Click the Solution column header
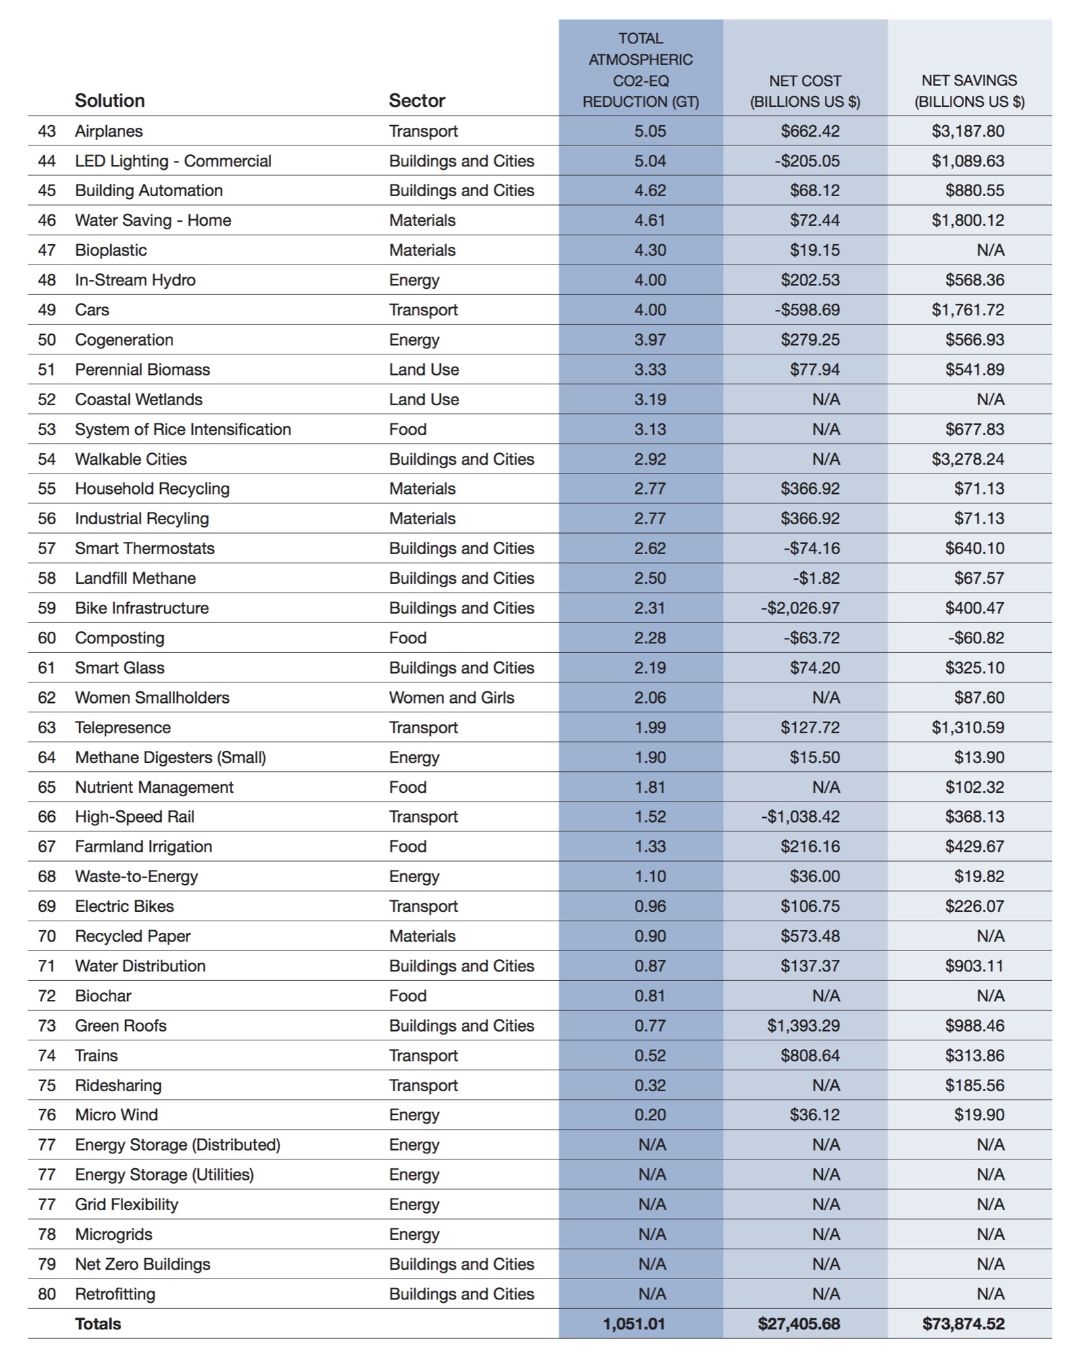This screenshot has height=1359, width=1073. click(x=110, y=101)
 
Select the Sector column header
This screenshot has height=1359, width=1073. click(x=416, y=101)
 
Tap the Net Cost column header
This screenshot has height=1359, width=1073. click(x=805, y=91)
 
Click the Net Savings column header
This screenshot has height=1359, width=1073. click(x=969, y=91)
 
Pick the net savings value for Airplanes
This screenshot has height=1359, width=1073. click(x=968, y=131)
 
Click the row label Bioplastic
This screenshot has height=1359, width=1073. click(x=111, y=250)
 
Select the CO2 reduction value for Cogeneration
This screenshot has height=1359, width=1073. click(x=650, y=340)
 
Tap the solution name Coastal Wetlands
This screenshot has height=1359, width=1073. click(x=139, y=400)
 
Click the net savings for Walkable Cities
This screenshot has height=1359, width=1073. click(x=968, y=459)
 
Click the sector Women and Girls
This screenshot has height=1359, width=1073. click(x=451, y=697)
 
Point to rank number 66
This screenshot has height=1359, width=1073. click(x=47, y=817)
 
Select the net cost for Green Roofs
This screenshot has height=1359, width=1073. click(x=803, y=1026)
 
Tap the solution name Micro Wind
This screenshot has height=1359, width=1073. click(x=116, y=1115)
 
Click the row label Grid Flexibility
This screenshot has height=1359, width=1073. click(x=126, y=1205)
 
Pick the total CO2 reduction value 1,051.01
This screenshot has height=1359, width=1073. click(x=634, y=1324)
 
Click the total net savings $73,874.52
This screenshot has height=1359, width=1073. click(x=963, y=1324)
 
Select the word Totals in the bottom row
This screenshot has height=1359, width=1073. click(x=98, y=1324)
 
